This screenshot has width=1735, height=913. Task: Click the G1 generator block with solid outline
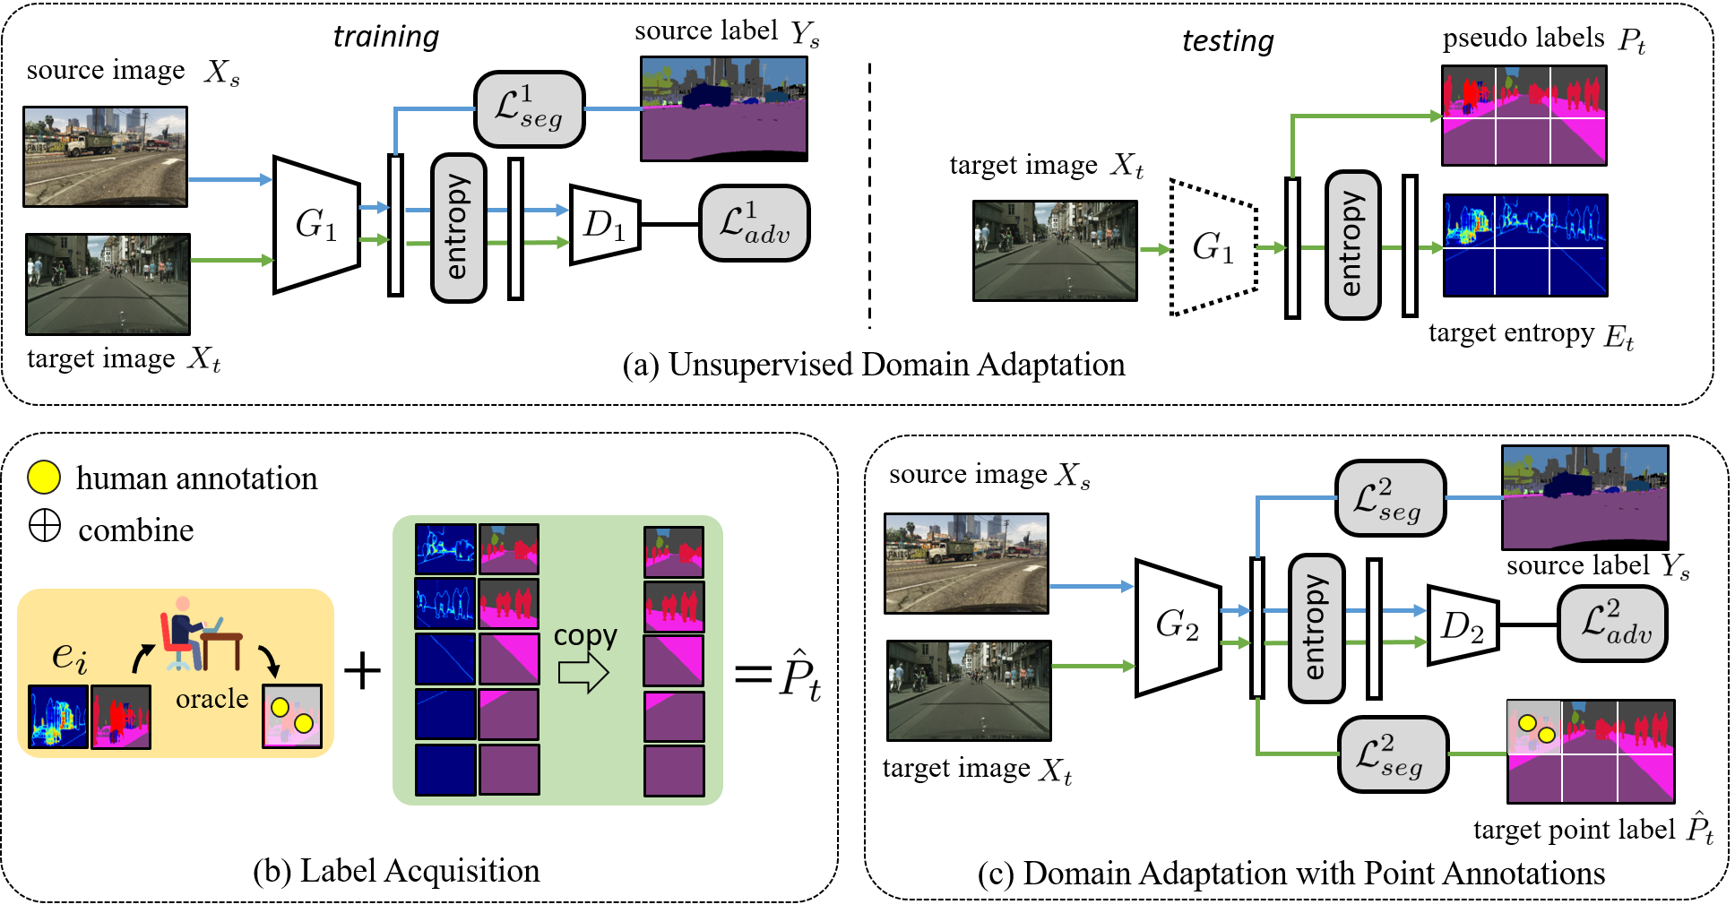[316, 225]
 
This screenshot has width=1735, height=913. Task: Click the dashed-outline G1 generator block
[1213, 247]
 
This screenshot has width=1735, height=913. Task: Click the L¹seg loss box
[529, 109]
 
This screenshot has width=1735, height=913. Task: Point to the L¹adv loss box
[754, 223]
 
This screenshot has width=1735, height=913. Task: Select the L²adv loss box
[1612, 624]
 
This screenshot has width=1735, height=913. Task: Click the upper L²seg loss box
[1389, 498]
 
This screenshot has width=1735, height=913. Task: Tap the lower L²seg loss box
[1393, 754]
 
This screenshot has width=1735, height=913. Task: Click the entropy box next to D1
[458, 228]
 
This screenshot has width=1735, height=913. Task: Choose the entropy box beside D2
[1316, 628]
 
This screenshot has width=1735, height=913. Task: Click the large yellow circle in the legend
[44, 478]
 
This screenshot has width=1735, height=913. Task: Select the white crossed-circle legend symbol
[45, 525]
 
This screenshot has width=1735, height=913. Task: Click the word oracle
[211, 699]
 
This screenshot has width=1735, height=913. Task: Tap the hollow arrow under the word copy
[583, 672]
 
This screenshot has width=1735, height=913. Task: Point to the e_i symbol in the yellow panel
[69, 656]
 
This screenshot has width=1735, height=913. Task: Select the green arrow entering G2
[1092, 666]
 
